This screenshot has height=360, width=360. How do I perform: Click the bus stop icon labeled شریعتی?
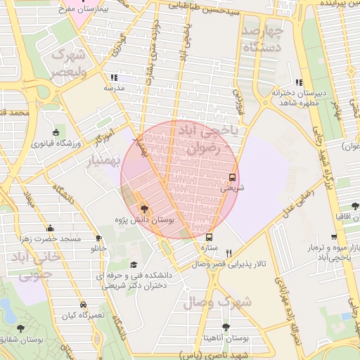233,177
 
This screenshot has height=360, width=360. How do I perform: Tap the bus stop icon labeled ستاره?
209,237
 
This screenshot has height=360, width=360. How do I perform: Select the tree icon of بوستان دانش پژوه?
144,209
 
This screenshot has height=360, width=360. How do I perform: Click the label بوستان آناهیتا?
226,337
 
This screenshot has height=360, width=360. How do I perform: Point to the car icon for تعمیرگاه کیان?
84,305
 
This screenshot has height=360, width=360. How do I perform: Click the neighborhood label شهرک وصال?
211,303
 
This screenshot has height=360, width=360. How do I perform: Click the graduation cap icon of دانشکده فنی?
134,265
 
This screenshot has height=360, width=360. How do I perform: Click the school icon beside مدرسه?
114,78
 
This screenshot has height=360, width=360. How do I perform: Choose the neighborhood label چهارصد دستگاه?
262,39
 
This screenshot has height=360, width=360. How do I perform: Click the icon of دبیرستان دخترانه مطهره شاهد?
300,82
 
